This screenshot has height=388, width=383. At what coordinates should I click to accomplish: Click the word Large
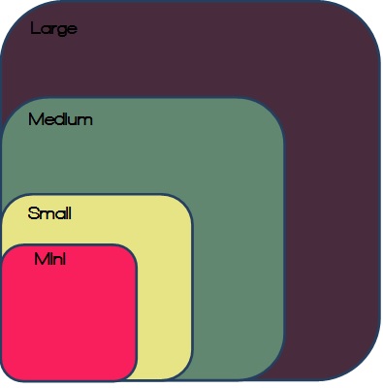(x=54, y=29)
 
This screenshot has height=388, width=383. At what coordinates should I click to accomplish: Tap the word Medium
(x=60, y=119)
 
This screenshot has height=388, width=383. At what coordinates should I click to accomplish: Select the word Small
(x=49, y=213)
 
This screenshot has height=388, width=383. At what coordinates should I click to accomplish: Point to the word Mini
(x=50, y=259)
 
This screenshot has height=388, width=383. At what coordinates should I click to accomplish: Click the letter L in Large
(x=35, y=28)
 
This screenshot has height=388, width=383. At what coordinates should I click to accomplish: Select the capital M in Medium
(x=35, y=119)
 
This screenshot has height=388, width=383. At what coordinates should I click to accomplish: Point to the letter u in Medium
(x=76, y=120)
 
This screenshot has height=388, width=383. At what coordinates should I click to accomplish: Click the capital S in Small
(x=33, y=213)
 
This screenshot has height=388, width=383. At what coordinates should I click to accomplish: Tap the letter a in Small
(x=58, y=215)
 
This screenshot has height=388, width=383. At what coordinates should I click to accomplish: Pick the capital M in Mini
(x=42, y=259)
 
